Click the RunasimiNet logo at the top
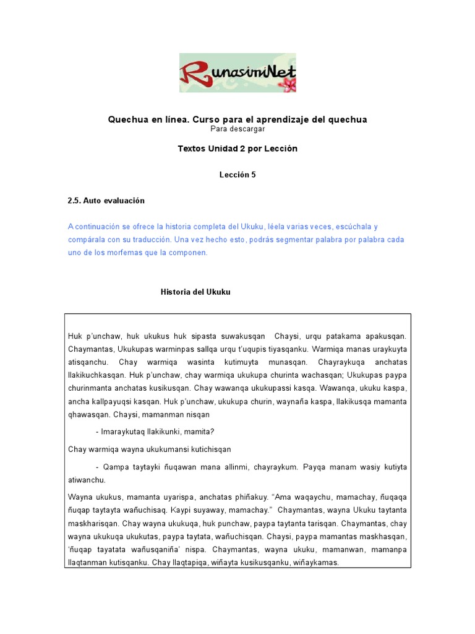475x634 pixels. (237, 73)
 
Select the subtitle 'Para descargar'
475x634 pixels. (237, 129)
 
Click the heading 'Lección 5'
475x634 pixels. (237, 175)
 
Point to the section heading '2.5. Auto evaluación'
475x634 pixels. (106, 201)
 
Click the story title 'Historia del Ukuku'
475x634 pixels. (195, 292)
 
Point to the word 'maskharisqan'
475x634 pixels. (92, 523)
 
